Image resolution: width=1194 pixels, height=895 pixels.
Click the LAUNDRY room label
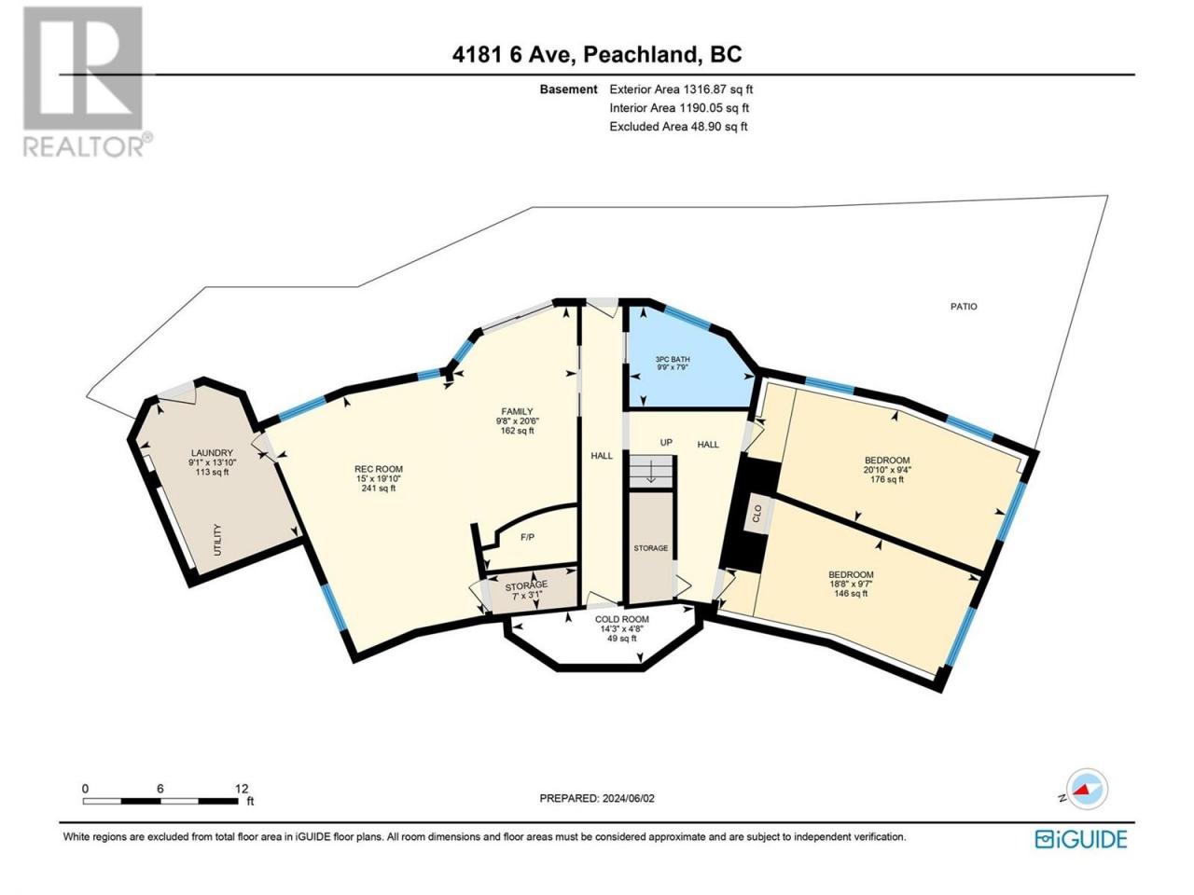click(x=212, y=453)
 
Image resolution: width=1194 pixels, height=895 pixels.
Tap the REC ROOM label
click(x=379, y=469)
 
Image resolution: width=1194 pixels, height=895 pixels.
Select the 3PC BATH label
click(x=673, y=359)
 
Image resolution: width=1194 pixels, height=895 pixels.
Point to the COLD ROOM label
click(x=622, y=619)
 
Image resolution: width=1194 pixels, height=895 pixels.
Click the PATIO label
click(x=964, y=307)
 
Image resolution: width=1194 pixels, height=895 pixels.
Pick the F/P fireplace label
click(x=527, y=537)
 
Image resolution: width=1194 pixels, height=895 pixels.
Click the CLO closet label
click(x=757, y=513)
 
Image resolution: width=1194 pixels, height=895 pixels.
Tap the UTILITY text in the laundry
click(x=218, y=540)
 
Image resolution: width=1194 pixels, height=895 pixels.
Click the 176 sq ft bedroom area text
click(x=887, y=479)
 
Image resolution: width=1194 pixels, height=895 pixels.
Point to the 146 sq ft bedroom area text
click(x=851, y=594)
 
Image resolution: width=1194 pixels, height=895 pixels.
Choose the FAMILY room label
click(x=517, y=411)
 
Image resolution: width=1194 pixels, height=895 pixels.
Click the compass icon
click(x=1087, y=789)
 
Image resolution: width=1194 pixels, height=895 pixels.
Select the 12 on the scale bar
click(x=242, y=788)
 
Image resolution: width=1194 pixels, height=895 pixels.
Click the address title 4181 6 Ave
click(x=513, y=55)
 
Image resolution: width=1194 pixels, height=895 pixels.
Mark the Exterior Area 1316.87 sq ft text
click(x=681, y=89)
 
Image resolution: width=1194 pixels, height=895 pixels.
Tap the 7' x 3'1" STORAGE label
click(x=526, y=589)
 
